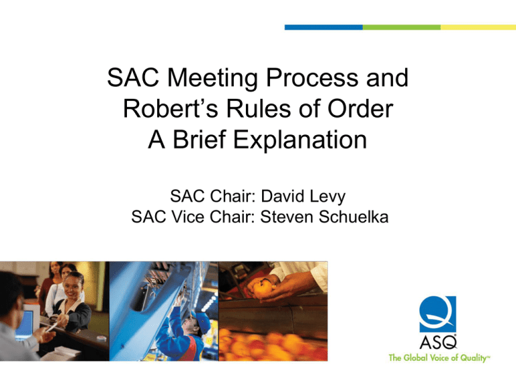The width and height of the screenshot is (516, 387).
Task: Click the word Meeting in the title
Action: tap(212, 79)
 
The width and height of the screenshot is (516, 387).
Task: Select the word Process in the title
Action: tap(312, 78)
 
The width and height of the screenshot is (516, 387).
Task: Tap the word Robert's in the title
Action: tap(171, 109)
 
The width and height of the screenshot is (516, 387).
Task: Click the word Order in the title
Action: tap(360, 109)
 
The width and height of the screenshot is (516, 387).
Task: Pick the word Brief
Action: tap(198, 140)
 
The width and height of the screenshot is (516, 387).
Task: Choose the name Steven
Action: tap(286, 217)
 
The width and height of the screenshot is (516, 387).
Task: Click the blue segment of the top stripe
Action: tap(324, 28)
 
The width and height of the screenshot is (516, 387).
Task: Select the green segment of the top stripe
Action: tap(402, 28)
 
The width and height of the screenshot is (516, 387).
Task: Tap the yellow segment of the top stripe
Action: tap(478, 28)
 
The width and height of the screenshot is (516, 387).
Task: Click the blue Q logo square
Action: tap(437, 314)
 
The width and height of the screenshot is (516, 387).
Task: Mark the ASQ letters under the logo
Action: tap(438, 342)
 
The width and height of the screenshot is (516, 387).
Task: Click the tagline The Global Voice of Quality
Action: tap(439, 358)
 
